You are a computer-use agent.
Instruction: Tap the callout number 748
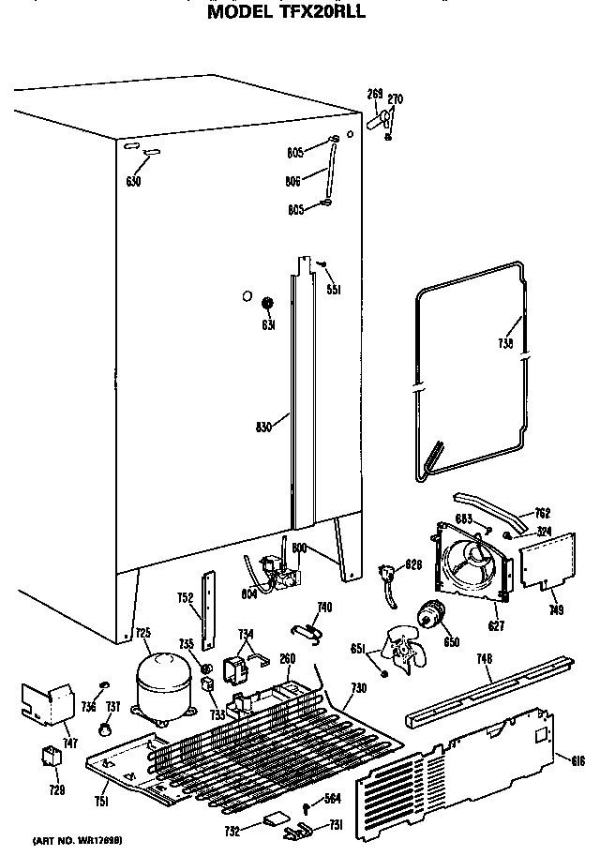tap(484, 660)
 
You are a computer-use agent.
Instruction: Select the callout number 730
tap(357, 688)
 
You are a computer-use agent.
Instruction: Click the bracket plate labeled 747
tap(47, 705)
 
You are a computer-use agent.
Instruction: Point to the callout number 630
tap(133, 181)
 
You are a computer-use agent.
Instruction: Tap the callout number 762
tap(541, 513)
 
